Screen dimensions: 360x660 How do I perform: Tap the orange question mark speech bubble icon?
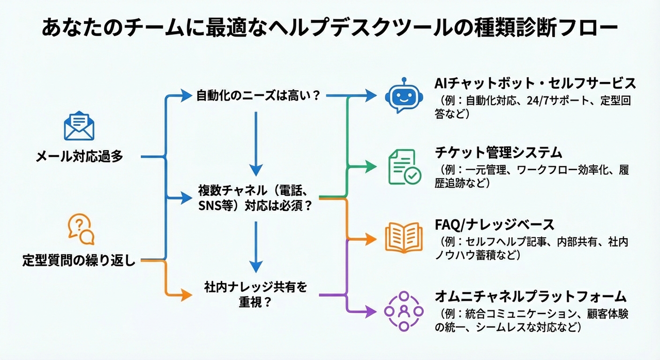click(81, 229)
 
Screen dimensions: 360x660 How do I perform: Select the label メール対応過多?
click(79, 157)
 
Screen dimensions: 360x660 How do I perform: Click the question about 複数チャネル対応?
click(256, 197)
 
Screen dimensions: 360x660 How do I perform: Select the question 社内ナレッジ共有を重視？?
click(256, 294)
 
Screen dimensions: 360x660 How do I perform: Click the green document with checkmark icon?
click(404, 167)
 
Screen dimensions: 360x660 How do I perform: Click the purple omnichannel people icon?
click(404, 311)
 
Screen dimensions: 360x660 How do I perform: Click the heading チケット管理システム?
click(498, 153)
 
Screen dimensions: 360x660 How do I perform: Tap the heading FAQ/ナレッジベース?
click(494, 224)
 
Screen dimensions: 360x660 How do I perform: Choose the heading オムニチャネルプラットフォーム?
click(531, 297)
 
